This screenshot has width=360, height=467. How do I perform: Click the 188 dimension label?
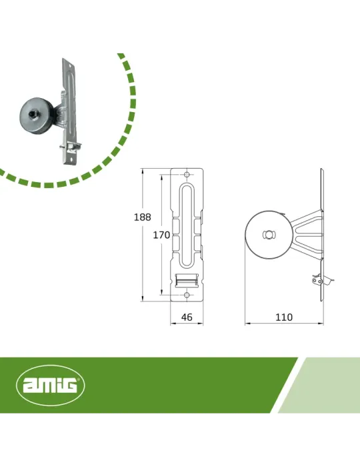143,217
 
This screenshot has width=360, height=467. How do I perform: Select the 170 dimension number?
161,235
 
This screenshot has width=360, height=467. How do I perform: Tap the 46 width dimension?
187,317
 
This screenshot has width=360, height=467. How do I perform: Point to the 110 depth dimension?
284,317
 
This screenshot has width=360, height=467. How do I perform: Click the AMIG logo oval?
50,386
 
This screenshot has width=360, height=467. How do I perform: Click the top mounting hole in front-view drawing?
187,175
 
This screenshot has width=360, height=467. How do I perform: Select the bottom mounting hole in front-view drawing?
187,295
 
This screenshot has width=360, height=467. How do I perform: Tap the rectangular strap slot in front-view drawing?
187,280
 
